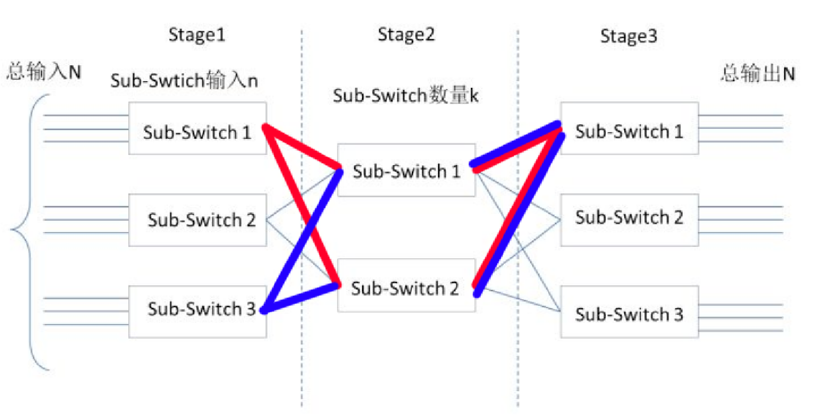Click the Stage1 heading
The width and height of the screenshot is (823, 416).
[196, 35]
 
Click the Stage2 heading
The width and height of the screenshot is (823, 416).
[406, 35]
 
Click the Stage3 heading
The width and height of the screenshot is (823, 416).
[628, 36]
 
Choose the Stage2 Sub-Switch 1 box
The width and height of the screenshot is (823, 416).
[406, 170]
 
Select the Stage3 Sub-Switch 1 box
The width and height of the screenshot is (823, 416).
[629, 129]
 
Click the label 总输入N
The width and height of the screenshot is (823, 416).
[44, 72]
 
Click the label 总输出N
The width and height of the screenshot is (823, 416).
[758, 73]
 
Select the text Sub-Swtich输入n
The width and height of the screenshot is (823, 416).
[185, 81]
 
